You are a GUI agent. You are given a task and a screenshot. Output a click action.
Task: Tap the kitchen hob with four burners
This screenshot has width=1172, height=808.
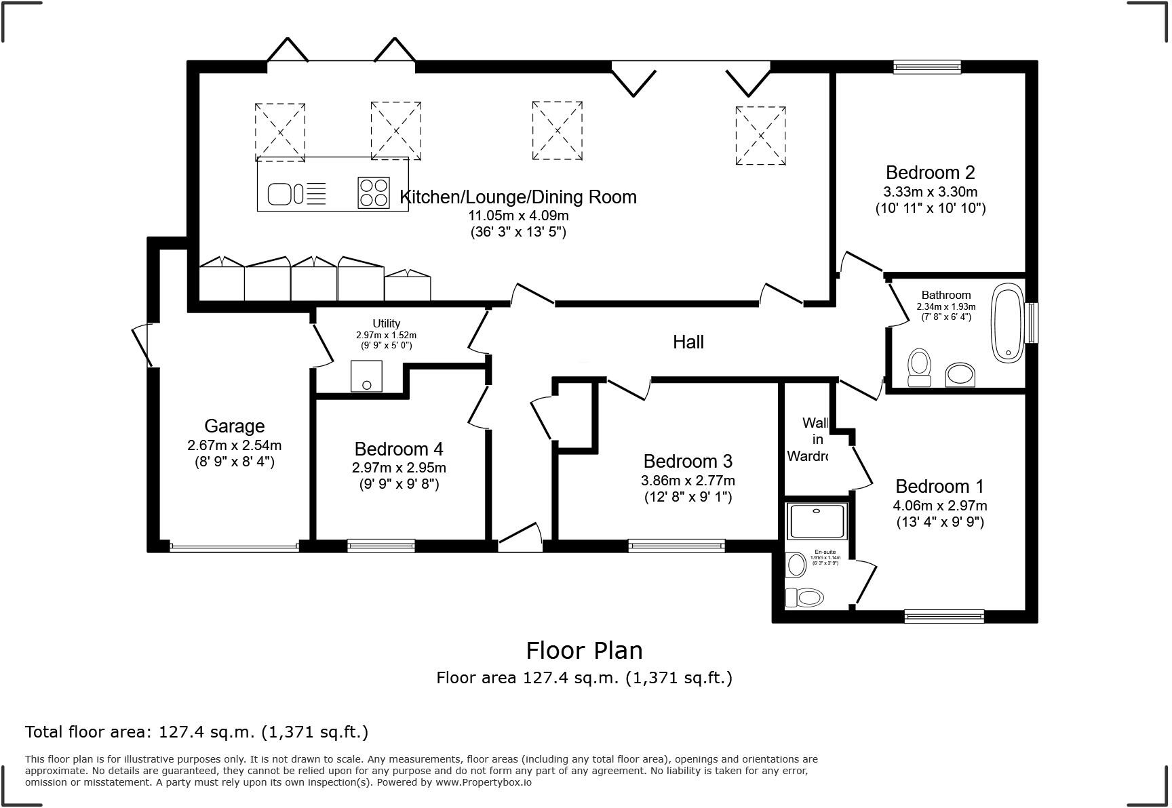[374, 192]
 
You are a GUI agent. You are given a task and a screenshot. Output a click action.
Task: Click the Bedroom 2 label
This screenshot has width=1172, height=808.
[930, 172]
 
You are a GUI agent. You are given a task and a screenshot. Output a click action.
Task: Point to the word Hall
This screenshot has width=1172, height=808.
[688, 342]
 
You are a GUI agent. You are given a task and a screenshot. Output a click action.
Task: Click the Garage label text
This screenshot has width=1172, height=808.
[234, 426]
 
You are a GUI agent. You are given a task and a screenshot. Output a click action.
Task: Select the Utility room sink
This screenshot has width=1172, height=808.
[366, 376]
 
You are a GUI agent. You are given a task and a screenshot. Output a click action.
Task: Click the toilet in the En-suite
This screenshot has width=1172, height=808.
[806, 597]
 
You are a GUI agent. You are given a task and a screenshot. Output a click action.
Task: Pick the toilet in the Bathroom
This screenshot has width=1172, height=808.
[919, 367]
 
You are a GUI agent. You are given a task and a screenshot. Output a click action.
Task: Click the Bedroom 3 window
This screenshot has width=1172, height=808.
[676, 545]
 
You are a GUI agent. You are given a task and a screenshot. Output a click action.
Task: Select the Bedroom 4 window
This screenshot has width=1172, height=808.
[380, 545]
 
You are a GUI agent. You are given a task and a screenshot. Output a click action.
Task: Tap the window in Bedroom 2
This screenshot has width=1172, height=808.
[926, 66]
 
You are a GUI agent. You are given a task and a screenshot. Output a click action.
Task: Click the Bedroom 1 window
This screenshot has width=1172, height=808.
[943, 615]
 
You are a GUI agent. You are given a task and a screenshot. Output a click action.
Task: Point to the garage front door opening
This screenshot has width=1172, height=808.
[234, 546]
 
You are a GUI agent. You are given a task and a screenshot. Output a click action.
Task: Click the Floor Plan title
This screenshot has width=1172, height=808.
[584, 650]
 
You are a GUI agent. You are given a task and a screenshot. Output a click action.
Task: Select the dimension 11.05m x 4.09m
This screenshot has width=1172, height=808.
[518, 216]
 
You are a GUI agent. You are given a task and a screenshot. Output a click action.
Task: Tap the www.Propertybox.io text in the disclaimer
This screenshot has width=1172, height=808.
[483, 782]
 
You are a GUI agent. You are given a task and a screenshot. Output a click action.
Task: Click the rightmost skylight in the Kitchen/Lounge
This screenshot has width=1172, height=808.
[760, 136]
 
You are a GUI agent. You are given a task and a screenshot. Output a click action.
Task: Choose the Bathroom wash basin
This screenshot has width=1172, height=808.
[960, 373]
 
